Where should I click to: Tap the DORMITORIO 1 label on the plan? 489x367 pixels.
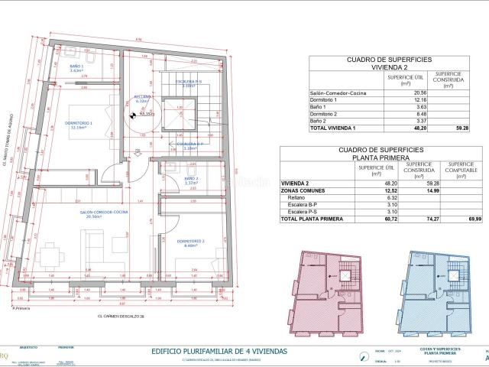[x=81, y=125]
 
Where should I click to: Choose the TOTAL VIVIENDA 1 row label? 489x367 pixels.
[x=337, y=127]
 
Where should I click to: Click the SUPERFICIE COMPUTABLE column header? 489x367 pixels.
[x=462, y=169]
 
